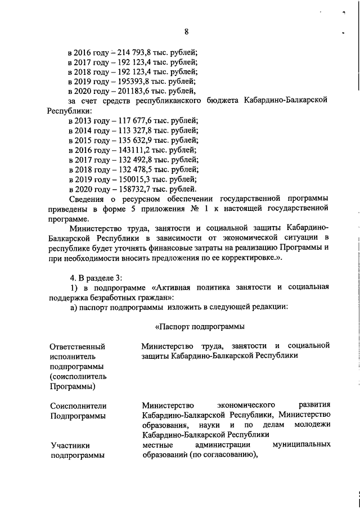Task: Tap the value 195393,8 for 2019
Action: (x=136, y=81)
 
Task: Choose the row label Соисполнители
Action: (x=78, y=406)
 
